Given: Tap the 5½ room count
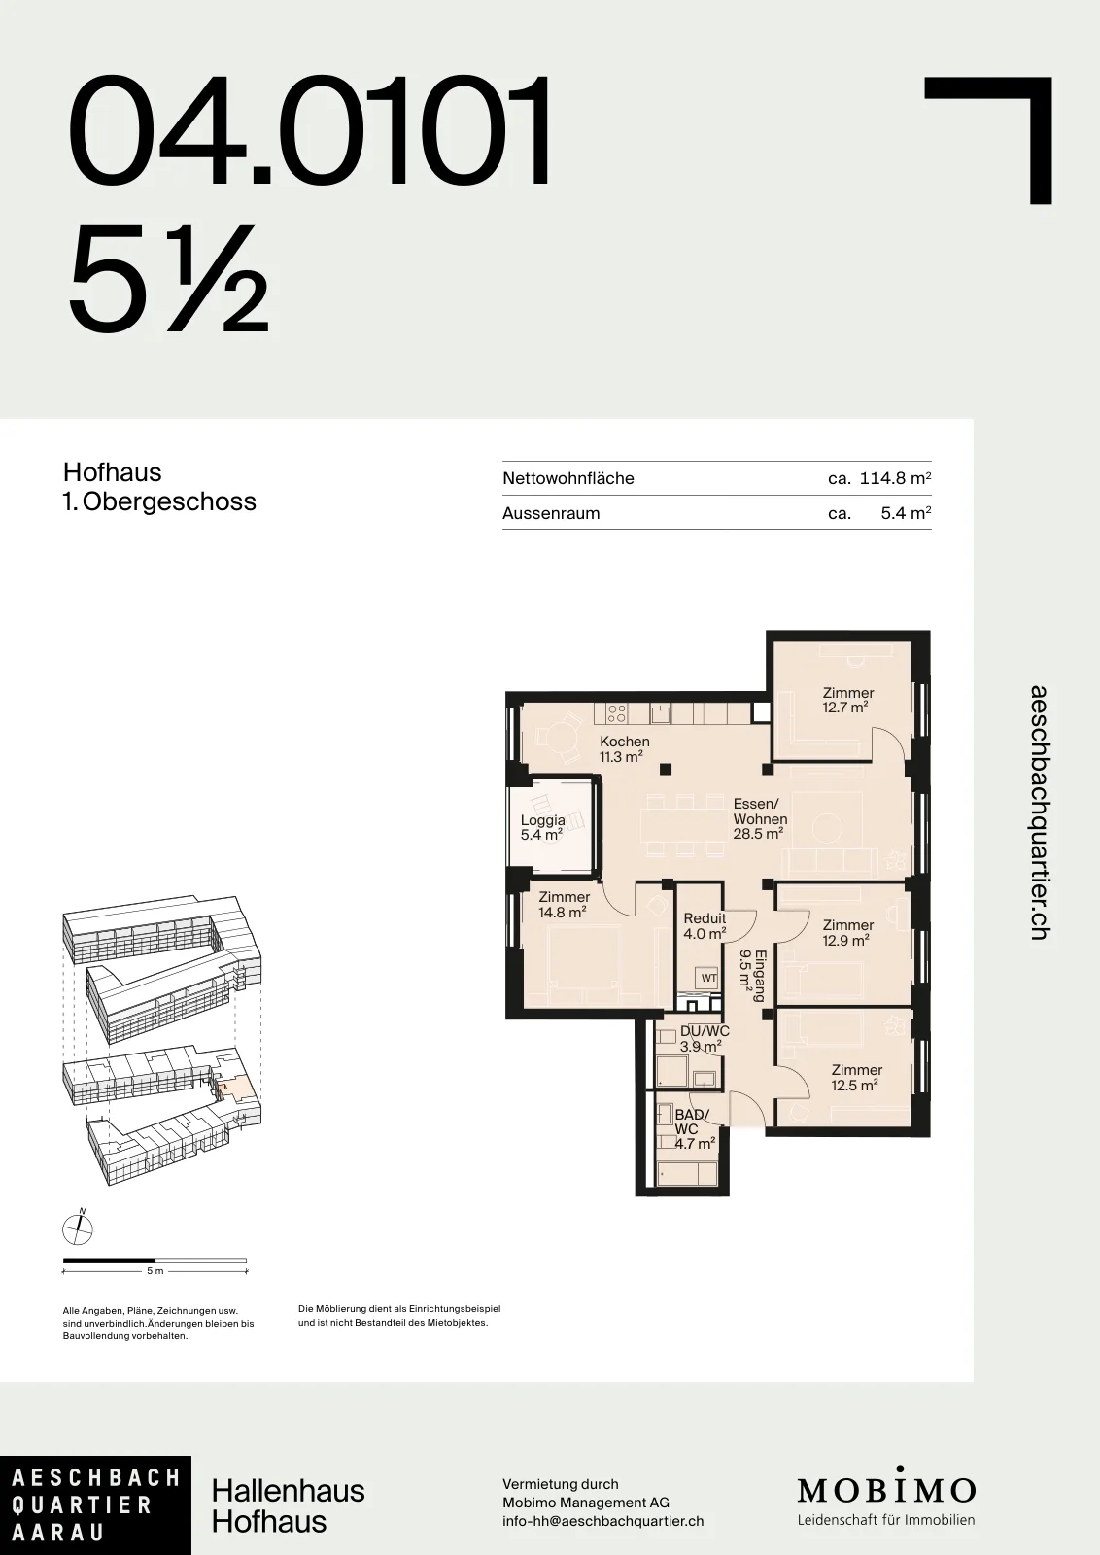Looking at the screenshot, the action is tap(168, 279).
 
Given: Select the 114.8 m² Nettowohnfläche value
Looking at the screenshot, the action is tap(895, 478).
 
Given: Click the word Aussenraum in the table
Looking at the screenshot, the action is tap(551, 513).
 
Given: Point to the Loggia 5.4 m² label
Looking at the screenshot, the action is tap(543, 827).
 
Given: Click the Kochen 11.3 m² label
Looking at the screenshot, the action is tap(624, 749).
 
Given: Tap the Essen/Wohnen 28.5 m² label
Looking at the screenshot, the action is tap(760, 818).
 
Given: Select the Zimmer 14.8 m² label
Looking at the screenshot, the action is tap(564, 905).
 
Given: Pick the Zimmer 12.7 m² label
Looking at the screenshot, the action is tap(847, 700).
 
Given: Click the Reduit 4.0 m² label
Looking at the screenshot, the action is tap(705, 926).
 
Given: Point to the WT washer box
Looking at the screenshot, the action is tap(708, 978).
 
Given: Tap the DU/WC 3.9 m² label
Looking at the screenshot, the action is tap(704, 1039).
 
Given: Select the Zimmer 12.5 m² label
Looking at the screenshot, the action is tap(856, 1078).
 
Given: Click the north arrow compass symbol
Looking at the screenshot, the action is tap(77, 1229).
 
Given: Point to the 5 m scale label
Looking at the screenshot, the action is tap(155, 1271).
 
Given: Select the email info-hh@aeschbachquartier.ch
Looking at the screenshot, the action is tap(603, 1521).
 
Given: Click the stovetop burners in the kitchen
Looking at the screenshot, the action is tap(616, 713).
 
